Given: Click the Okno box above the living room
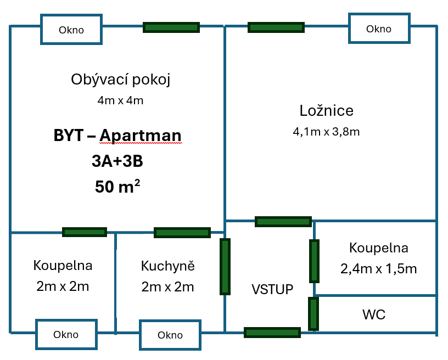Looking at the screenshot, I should [71, 30].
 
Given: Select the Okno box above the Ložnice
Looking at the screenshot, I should [379, 29].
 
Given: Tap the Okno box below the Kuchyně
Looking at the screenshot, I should [170, 335].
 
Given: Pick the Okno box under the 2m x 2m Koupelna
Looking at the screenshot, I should [66, 334].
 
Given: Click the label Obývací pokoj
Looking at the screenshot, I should [121, 80].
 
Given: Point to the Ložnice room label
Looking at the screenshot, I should [327, 110].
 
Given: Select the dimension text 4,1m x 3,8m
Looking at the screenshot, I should [327, 132].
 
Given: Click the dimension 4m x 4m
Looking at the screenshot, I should [121, 100].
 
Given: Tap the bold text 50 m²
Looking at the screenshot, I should [117, 186].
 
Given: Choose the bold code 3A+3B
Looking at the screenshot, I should [117, 161].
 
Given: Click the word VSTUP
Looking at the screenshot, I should [272, 289].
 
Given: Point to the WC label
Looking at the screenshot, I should [374, 314].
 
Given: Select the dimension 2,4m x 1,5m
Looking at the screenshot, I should [379, 269].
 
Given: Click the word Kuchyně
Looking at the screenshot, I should [168, 266].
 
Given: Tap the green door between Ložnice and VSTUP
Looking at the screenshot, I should [283, 222].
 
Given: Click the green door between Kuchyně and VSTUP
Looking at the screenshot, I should [225, 266].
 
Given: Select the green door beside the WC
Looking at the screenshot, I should [313, 313].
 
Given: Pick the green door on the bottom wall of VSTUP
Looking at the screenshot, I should [272, 333].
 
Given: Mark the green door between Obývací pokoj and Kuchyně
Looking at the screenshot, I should [182, 233].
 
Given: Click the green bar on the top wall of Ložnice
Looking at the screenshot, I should [276, 27].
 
